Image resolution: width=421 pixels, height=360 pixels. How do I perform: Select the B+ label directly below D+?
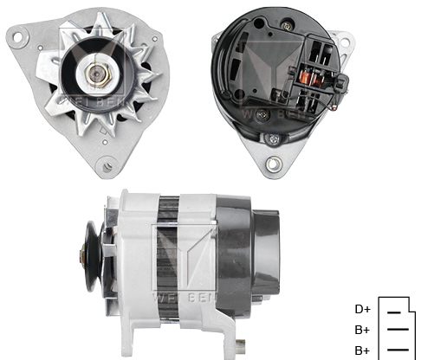coord(362,330)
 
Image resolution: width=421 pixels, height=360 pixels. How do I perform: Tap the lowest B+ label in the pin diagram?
coord(362,350)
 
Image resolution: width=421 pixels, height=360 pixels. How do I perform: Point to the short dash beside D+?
coord(394,310)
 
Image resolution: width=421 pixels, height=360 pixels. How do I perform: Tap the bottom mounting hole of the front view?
coord(107,164)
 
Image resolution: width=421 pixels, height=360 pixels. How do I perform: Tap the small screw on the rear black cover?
coord(273,138)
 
